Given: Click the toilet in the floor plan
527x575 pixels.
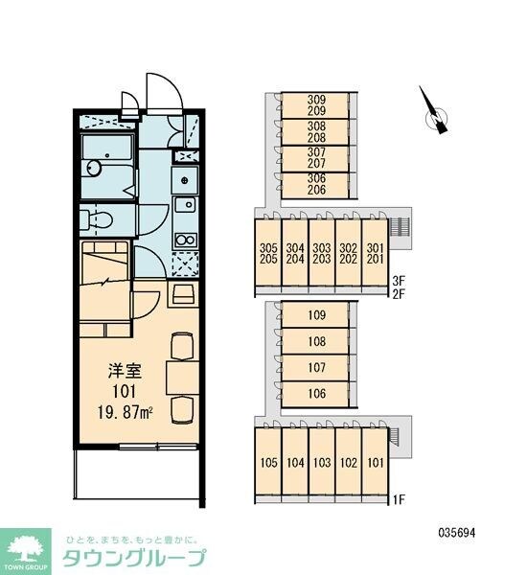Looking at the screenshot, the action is coord(97,220).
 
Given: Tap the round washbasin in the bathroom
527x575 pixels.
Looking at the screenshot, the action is coord(94,168).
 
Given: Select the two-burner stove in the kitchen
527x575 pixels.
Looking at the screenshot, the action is coord(185,241).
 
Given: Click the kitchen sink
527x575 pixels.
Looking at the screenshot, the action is coord(185,205).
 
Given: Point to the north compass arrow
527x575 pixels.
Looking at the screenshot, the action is coord(434,111).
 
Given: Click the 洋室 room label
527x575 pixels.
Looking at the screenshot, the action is coord(125,372).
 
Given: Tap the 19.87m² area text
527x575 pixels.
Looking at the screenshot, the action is coord(126,413).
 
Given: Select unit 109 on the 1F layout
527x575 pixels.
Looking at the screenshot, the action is coord(315,314).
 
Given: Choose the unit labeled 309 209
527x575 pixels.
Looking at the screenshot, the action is coord(315,105).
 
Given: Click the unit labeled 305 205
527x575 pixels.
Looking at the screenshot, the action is coord(268,253).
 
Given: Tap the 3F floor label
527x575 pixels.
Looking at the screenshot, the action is coord(399,281).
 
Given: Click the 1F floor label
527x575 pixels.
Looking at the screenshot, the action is coord(399,499).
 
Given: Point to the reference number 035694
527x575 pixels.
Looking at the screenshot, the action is coord(457,533).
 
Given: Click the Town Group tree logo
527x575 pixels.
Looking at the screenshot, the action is coord(25,551).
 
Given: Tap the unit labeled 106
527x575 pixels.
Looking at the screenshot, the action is coord(315,394).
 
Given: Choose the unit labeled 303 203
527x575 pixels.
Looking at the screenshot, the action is coord(322,253).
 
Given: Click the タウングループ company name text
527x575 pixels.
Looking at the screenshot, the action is coord(134,559).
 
